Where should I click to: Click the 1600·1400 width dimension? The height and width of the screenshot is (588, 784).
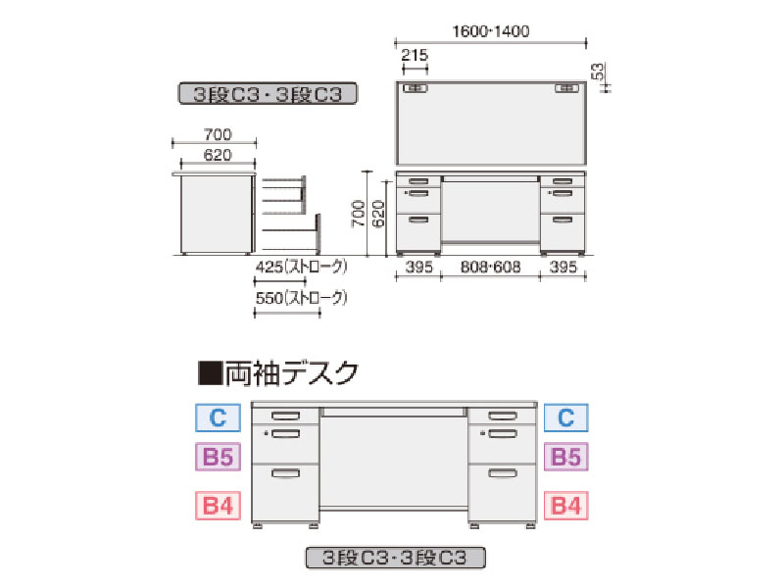point(491,31)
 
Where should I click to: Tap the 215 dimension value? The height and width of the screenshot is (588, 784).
point(415,55)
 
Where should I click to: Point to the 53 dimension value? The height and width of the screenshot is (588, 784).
point(598,72)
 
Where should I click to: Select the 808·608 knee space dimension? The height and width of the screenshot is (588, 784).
point(491,267)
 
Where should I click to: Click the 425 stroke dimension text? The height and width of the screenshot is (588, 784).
point(301,267)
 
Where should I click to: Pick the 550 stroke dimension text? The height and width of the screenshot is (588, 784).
point(301,298)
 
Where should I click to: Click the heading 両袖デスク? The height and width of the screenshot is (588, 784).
point(291,373)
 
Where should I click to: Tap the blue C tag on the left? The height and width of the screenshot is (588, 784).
point(218,418)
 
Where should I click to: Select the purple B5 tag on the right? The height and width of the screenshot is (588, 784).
point(566,457)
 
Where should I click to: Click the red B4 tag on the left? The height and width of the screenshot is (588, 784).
point(218,506)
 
